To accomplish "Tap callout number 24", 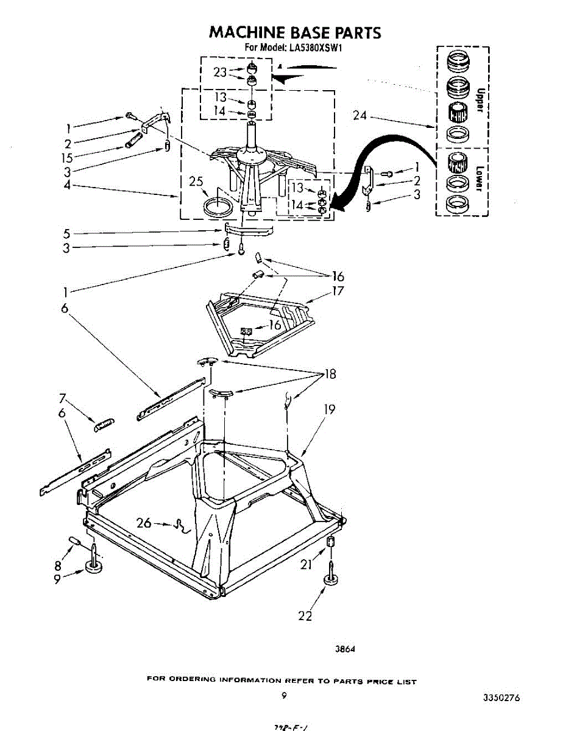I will [x=360, y=115].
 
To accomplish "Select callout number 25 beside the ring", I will [x=195, y=182].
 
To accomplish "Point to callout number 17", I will [x=338, y=291].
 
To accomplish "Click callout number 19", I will [x=329, y=409].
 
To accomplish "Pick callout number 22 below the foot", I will [x=305, y=616].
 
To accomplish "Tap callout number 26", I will [x=144, y=523].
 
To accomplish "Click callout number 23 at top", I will [x=220, y=72].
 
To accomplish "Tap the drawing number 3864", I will [x=345, y=649].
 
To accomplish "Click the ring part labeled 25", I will [x=218, y=205].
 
